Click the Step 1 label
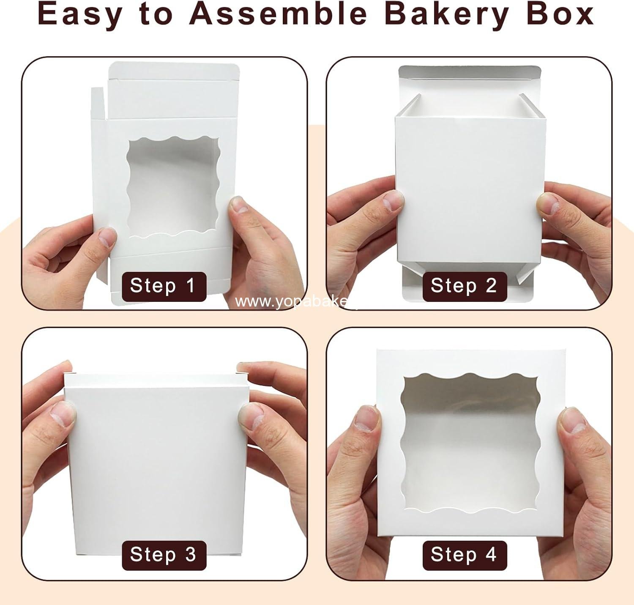(164, 286)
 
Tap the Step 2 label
(464, 286)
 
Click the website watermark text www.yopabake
(292, 302)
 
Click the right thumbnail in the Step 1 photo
(239, 206)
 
